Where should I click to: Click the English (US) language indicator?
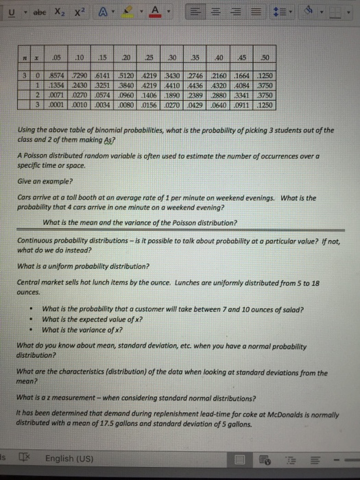click(68, 458)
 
